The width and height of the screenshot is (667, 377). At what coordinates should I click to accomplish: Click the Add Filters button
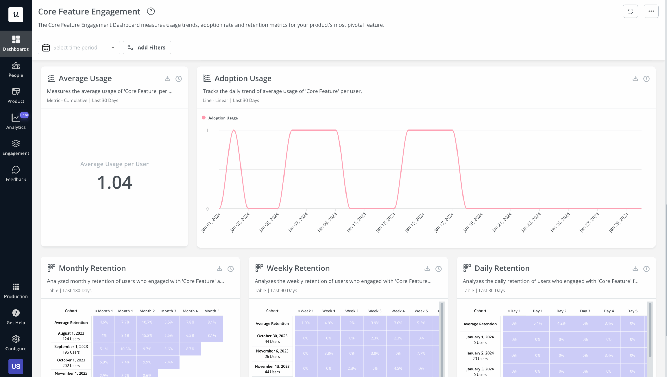pos(147,47)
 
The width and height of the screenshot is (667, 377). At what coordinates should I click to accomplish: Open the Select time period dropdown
pos(79,47)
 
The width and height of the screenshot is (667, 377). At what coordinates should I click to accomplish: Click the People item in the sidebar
pos(16,70)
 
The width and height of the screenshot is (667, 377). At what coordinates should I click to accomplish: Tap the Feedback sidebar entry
pos(16,174)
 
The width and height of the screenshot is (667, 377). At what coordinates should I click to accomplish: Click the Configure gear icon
pos(16,339)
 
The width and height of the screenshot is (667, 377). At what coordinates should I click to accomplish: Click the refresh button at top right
pos(630,11)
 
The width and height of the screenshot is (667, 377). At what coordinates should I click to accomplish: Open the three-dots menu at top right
pos(651,11)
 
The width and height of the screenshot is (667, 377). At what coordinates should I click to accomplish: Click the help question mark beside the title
pos(151,11)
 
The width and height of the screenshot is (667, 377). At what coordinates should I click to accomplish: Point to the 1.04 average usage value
pos(114,182)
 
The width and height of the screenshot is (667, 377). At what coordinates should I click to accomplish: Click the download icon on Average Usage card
pos(167,78)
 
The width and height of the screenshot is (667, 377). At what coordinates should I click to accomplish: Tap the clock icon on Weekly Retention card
pos(439,269)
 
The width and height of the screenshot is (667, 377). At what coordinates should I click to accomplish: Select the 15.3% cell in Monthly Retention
pos(147,336)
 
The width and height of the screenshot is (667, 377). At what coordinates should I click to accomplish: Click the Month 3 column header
pos(169,311)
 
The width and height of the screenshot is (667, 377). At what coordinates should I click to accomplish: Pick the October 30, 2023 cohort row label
pos(272,338)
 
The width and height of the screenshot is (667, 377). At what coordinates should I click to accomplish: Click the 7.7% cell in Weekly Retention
pos(421,353)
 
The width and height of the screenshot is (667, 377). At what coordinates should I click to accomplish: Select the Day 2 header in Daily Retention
pos(561,311)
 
